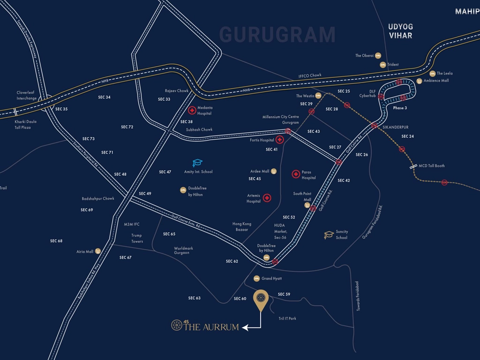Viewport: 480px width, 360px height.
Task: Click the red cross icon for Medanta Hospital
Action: [192, 111]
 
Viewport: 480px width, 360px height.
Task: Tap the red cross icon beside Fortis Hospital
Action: [280, 140]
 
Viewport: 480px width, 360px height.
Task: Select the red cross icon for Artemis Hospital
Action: [267, 198]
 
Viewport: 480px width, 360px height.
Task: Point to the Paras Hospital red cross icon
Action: [296, 174]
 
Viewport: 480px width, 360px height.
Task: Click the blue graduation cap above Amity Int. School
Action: [198, 163]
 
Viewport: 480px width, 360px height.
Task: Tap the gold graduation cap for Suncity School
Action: [329, 234]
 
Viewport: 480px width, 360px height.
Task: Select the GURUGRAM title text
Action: [277, 35]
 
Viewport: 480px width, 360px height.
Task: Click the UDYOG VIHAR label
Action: [400, 31]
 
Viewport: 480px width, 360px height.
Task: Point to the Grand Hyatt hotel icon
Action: [256, 278]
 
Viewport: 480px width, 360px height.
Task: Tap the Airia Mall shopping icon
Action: [98, 251]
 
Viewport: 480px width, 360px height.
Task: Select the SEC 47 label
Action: [165, 172]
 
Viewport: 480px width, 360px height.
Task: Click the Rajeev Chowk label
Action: [176, 91]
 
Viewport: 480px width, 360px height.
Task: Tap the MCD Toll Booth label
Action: [432, 165]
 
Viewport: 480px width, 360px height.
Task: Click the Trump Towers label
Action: [137, 238]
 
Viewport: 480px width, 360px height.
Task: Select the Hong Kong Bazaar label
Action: [242, 227]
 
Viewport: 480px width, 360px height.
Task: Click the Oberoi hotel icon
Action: [378, 55]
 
